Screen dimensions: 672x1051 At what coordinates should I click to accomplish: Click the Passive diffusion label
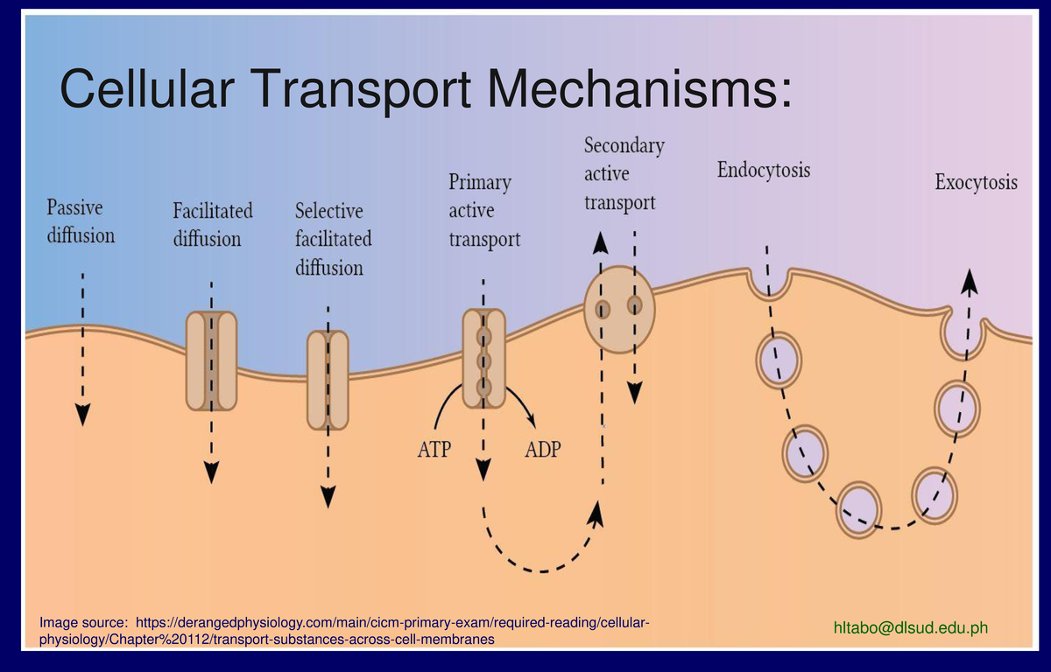80,221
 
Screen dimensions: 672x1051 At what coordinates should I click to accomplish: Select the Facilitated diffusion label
212,224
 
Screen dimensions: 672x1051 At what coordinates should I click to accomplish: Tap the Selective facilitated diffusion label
333,239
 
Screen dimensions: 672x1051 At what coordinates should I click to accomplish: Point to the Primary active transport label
484,210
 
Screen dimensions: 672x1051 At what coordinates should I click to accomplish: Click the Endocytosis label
763,170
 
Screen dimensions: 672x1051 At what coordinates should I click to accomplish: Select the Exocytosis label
976,183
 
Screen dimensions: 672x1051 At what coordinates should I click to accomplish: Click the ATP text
434,451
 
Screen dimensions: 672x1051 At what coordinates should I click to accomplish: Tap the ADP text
543,451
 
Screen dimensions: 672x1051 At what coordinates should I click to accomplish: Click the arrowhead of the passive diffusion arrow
82,414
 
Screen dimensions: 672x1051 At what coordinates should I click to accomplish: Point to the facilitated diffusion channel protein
211,360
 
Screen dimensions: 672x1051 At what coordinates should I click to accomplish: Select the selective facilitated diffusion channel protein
328,380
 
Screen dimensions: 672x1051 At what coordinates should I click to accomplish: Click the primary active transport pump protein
483,359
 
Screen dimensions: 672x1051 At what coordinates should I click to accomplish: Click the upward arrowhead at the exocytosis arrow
970,281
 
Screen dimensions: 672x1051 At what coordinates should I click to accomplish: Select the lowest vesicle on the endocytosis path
859,510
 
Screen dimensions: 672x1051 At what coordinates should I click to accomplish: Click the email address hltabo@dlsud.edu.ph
911,627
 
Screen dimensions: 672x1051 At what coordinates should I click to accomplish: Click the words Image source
83,622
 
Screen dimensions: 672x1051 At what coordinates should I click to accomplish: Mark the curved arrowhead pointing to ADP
531,422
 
